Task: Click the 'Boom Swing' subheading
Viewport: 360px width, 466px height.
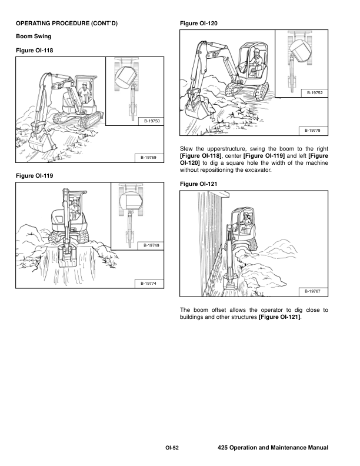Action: tap(34, 36)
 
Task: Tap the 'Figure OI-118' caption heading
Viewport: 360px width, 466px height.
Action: tap(35, 51)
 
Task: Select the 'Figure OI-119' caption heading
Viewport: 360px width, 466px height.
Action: tap(35, 176)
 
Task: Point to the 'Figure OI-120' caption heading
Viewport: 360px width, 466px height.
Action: tap(198, 24)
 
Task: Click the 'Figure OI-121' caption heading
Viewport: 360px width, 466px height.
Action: tap(198, 184)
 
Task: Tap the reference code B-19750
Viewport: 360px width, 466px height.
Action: tap(152, 121)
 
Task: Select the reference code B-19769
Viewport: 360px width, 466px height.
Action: tap(148, 158)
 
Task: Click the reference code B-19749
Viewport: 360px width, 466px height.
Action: tap(151, 246)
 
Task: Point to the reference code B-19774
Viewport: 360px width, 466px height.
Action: tap(148, 284)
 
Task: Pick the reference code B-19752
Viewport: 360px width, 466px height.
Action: tap(315, 93)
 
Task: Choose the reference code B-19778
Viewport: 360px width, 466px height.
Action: tap(312, 131)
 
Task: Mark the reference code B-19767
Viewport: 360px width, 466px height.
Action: tap(312, 292)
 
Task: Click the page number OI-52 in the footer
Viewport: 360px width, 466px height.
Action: tap(172, 448)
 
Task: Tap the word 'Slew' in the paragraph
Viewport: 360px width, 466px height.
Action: tap(186, 149)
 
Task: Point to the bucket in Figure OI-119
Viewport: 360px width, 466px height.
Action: tap(68, 255)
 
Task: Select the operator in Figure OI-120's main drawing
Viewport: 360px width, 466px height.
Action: tap(255, 61)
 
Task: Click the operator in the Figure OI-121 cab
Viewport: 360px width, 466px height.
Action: tap(246, 220)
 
